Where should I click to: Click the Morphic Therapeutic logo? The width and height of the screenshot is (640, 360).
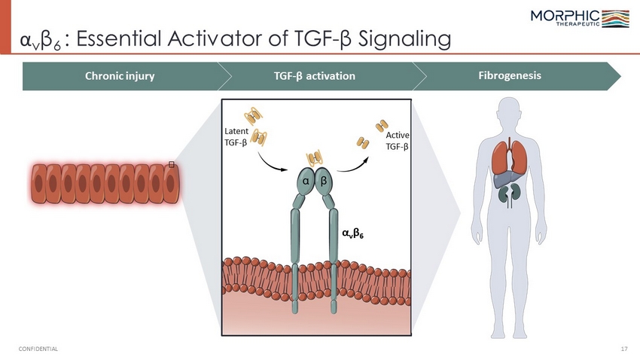580,18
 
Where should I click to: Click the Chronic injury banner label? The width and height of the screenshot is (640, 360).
120,76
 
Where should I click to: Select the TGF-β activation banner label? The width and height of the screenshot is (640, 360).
314,76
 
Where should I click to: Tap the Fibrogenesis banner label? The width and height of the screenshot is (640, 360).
510,75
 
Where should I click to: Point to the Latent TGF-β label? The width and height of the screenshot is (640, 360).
236,137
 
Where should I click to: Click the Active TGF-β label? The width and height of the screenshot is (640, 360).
397,141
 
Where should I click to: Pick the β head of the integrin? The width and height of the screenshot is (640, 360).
324,181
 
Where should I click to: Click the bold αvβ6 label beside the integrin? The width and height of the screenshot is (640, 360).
352,233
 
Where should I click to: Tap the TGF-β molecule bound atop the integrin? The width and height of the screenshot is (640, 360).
314,158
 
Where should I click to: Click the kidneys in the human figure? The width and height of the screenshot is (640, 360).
510,193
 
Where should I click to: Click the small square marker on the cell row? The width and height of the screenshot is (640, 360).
172,164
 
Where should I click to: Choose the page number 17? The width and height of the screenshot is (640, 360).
624,349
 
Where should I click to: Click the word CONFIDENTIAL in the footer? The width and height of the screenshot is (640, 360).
38,349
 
